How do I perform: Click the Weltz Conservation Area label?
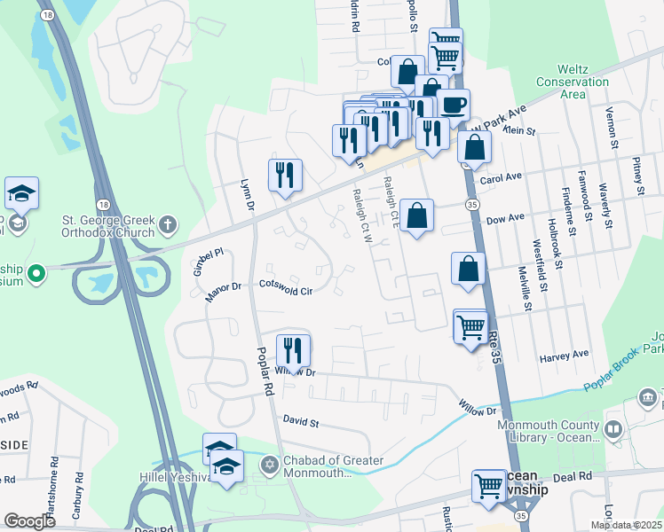click(x=583, y=81)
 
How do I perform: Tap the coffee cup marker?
click(x=453, y=106)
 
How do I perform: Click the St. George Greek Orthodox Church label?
click(x=109, y=227)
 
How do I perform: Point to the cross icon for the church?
click(x=169, y=227)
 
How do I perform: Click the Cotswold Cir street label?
click(x=286, y=289)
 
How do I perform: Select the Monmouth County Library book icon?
click(x=613, y=430)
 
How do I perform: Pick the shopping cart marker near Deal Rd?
click(x=488, y=487)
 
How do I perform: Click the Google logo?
click(x=28, y=521)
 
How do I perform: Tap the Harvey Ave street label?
click(x=565, y=355)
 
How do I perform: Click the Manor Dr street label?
click(x=224, y=291)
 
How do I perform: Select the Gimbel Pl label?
click(x=208, y=262)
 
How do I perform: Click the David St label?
click(x=301, y=419)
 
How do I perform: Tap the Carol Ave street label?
click(x=500, y=178)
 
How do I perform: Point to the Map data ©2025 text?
click(x=626, y=525)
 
